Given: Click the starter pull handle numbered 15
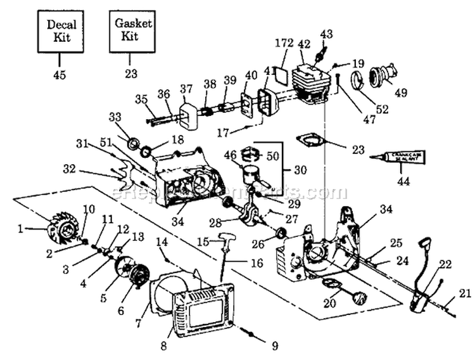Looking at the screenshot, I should click(227, 240).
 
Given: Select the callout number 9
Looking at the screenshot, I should click(274, 346).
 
